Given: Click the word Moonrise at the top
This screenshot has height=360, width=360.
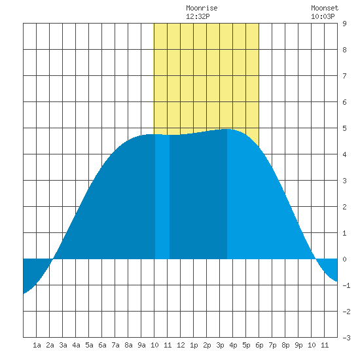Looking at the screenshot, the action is pyautogui.click(x=202, y=8).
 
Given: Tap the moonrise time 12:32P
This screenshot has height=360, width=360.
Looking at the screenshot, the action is pyautogui.click(x=198, y=16).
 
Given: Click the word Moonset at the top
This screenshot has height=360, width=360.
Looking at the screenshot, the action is pyautogui.click(x=325, y=8).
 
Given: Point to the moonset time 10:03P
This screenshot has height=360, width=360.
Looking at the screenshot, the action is pyautogui.click(x=323, y=16).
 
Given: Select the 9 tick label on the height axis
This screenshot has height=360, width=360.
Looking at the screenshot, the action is pyautogui.click(x=344, y=24).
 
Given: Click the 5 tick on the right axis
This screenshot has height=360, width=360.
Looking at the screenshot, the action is pyautogui.click(x=344, y=128).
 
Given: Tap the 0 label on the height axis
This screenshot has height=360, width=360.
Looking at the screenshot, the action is pyautogui.click(x=344, y=259).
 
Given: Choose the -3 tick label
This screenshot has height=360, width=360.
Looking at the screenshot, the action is pyautogui.click(x=346, y=338).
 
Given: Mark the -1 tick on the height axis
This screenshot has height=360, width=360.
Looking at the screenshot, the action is pyautogui.click(x=346, y=285).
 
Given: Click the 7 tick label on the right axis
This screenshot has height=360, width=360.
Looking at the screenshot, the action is pyautogui.click(x=344, y=76).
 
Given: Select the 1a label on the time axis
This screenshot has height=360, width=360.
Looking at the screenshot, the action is pyautogui.click(x=37, y=345).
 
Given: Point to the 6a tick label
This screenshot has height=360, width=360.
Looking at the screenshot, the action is pyautogui.click(x=102, y=345).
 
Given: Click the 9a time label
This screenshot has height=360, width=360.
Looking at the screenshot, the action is pyautogui.click(x=141, y=345).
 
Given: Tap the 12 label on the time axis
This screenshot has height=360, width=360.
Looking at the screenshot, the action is pyautogui.click(x=181, y=345).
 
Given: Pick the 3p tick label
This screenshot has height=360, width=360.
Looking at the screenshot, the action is pyautogui.click(x=220, y=345).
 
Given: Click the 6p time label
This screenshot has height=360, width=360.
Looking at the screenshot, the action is pyautogui.click(x=259, y=345).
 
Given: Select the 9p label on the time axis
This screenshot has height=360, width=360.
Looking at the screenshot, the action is pyautogui.click(x=298, y=345).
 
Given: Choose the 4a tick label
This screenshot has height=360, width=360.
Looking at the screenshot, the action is pyautogui.click(x=76, y=345).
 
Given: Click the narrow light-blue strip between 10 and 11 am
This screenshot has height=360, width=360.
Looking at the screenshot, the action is pyautogui.click(x=162, y=197).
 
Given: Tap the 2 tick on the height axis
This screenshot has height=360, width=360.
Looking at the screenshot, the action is pyautogui.click(x=344, y=207).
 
